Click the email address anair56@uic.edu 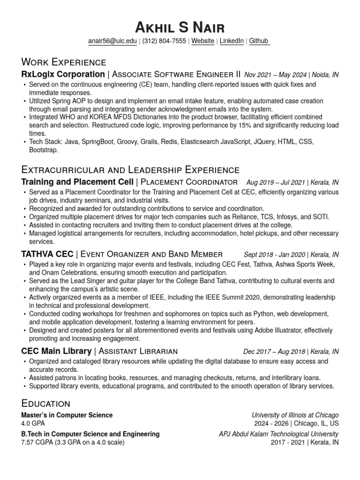(x=112, y=41)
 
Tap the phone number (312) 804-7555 (x=165, y=41)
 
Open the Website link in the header (x=203, y=41)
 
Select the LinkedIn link (x=232, y=41)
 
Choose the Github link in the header (x=259, y=41)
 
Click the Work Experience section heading (x=64, y=62)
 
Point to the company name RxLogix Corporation (x=63, y=75)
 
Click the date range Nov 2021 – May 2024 (x=276, y=75)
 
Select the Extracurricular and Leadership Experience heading (x=130, y=170)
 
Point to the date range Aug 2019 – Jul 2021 (x=275, y=182)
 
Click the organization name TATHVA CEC (x=47, y=255)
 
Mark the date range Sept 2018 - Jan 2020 (x=274, y=255)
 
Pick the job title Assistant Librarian (x=137, y=352)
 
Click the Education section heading (x=46, y=403)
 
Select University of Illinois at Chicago (x=295, y=415)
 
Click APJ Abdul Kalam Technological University (x=278, y=434)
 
